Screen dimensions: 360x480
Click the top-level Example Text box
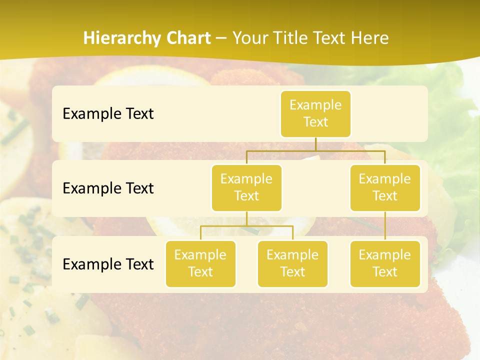point(315,113)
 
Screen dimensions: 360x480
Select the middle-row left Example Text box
point(246,187)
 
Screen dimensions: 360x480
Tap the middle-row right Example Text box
point(385,187)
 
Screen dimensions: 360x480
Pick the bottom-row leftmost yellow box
point(200,263)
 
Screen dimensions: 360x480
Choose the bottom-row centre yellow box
point(292,263)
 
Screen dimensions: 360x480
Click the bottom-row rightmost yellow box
point(385,263)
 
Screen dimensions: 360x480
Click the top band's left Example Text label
point(108,113)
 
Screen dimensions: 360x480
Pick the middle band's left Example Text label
point(108,188)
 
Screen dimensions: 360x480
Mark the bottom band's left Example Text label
point(108,264)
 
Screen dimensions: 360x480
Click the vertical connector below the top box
point(315,143)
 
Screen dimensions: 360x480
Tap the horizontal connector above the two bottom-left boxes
point(246,226)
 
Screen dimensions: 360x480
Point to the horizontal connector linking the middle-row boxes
point(315,150)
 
